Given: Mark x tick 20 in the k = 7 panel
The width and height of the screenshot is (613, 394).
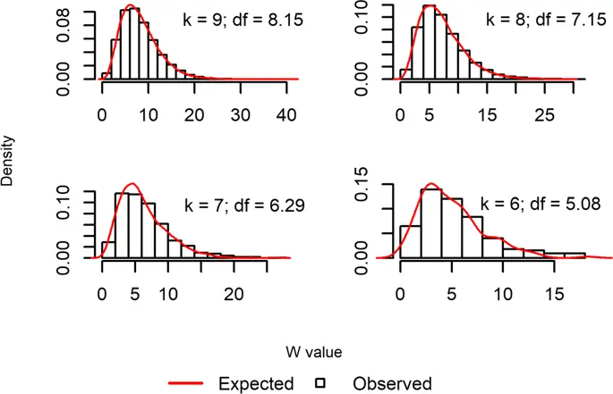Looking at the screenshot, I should click(x=234, y=293).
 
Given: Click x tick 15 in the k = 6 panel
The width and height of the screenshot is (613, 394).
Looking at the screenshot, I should click(x=554, y=293).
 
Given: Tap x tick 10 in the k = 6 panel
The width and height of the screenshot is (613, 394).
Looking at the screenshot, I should click(x=503, y=293).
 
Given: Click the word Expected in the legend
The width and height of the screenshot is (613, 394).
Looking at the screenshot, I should click(x=257, y=383).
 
